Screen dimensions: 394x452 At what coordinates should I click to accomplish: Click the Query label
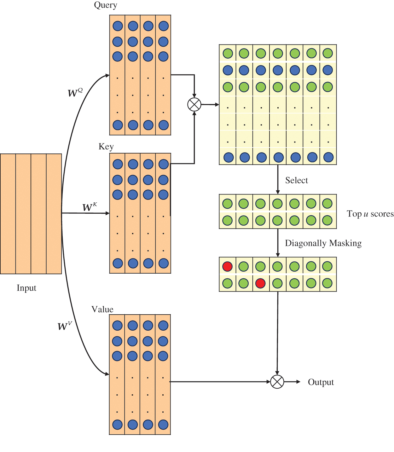106,5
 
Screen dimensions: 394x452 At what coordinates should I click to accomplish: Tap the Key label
106,147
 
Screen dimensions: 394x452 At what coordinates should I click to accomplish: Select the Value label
102,309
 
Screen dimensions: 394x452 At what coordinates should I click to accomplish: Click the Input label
26,288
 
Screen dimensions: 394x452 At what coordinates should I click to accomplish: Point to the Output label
321,382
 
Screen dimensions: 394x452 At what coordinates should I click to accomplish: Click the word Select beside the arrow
296,180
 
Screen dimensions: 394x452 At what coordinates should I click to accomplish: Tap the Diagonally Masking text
323,243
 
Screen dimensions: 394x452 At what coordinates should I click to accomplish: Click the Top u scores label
370,214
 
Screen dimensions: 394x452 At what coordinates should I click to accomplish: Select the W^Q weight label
75,93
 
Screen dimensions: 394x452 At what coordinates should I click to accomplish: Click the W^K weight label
90,207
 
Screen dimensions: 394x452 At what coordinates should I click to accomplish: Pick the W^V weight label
65,326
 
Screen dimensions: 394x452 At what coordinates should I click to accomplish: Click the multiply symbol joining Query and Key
194,105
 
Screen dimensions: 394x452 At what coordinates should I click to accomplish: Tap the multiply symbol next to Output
277,382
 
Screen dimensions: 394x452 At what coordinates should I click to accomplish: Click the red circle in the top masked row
228,266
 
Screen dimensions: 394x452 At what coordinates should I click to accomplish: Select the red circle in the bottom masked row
260,283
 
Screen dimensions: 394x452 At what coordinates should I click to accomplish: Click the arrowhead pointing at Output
298,382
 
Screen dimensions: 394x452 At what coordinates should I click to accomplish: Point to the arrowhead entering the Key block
107,213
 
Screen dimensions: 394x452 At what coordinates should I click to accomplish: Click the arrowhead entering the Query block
107,76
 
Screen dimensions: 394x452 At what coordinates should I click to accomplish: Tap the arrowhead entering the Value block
107,374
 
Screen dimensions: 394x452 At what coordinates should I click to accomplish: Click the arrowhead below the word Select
278,192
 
